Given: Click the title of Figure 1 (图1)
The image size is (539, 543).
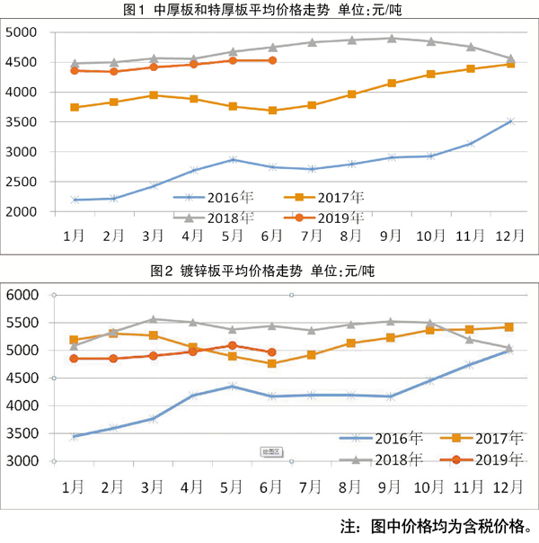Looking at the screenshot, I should [x=269, y=11].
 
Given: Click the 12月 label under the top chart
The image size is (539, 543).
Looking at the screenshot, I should [x=509, y=236].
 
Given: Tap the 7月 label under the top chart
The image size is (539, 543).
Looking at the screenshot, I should [x=311, y=236].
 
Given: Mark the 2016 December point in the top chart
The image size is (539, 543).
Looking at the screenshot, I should [x=509, y=121].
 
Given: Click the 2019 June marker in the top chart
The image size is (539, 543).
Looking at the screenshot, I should [x=272, y=60].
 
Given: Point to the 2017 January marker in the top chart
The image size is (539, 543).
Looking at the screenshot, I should [x=75, y=107].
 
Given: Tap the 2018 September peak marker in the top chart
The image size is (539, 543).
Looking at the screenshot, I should [x=391, y=39].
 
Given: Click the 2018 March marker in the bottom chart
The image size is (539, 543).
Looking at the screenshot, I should [x=154, y=319].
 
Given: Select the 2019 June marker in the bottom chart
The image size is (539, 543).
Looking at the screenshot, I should [x=272, y=352].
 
